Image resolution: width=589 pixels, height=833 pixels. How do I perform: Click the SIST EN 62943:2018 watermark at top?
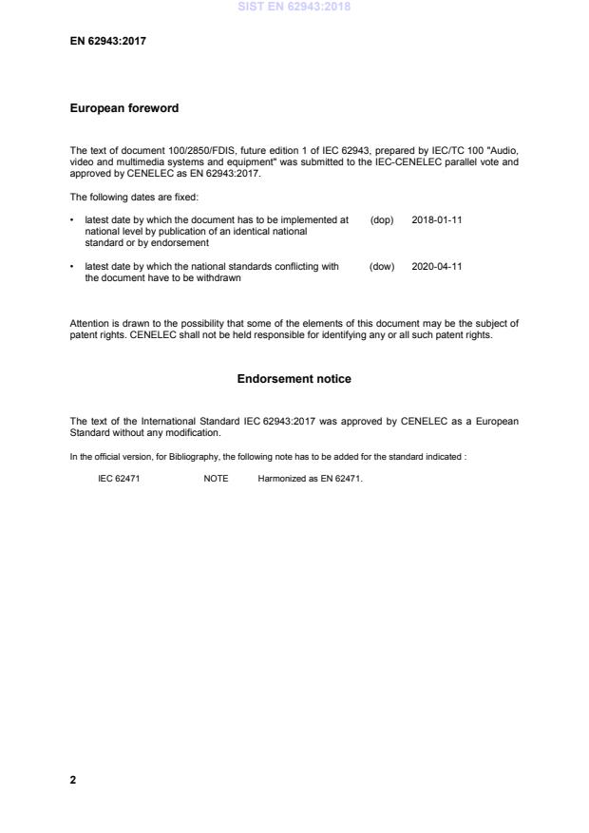click(294, 7)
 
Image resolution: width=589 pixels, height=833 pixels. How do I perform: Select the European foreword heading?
click(124, 108)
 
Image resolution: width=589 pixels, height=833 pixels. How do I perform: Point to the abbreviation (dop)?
click(382, 219)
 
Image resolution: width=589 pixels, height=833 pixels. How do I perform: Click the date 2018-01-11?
click(437, 219)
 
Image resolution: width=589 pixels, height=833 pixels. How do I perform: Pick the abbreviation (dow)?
click(382, 267)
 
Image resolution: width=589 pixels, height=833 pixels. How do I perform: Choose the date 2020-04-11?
click(437, 267)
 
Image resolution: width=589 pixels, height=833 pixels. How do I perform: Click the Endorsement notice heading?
click(294, 379)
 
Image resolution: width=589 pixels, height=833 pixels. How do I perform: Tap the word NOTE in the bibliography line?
click(216, 479)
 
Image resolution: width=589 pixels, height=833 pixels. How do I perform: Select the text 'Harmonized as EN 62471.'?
click(311, 479)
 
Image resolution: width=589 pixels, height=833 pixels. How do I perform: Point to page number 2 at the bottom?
click(73, 781)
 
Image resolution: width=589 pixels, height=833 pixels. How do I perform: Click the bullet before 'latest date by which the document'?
click(73, 219)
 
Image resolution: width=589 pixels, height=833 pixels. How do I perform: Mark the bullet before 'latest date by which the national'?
click(73, 267)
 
